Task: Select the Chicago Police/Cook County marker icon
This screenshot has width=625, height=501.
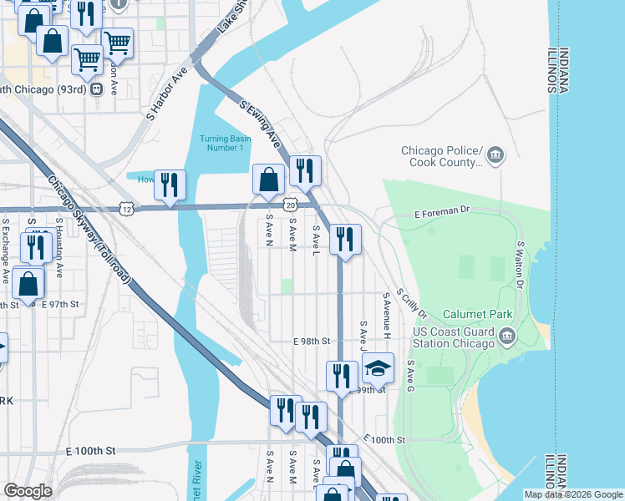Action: pyautogui.click(x=495, y=154)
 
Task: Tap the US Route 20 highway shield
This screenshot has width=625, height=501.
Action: pyautogui.click(x=289, y=204)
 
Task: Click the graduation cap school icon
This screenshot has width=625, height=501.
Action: pyautogui.click(x=378, y=368)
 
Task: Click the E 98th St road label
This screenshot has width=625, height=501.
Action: pyautogui.click(x=312, y=342)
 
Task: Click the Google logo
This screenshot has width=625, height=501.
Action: pyautogui.click(x=28, y=491)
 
